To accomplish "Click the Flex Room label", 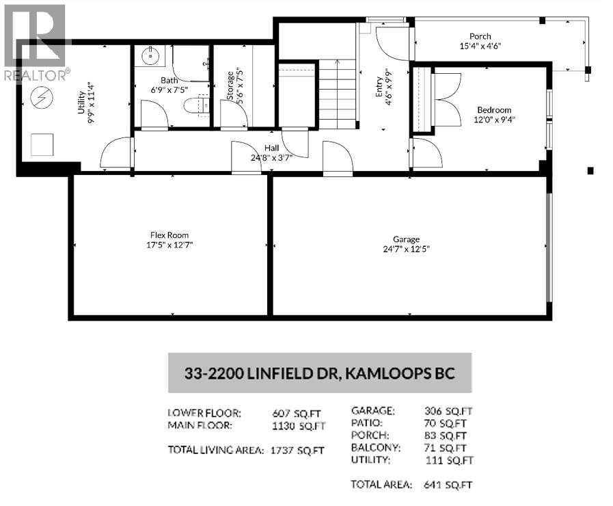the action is point(169,235).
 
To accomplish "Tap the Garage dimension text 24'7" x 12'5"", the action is point(406,249).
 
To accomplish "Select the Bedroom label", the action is point(494,110).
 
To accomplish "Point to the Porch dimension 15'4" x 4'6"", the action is point(480,46).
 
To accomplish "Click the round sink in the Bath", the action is point(150,55).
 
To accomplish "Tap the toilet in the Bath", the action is point(193,106).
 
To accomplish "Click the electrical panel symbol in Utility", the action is point(42,97).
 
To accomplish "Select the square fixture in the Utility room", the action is point(42,145).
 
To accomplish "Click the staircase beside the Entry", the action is point(338,91).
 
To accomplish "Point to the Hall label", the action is point(271,148).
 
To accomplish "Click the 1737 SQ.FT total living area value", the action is point(297,451).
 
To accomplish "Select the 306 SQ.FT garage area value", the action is point(448,411).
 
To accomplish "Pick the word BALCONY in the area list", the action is point(375,447).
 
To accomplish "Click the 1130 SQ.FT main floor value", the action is point(299,426).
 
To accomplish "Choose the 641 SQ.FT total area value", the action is point(448,485).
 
